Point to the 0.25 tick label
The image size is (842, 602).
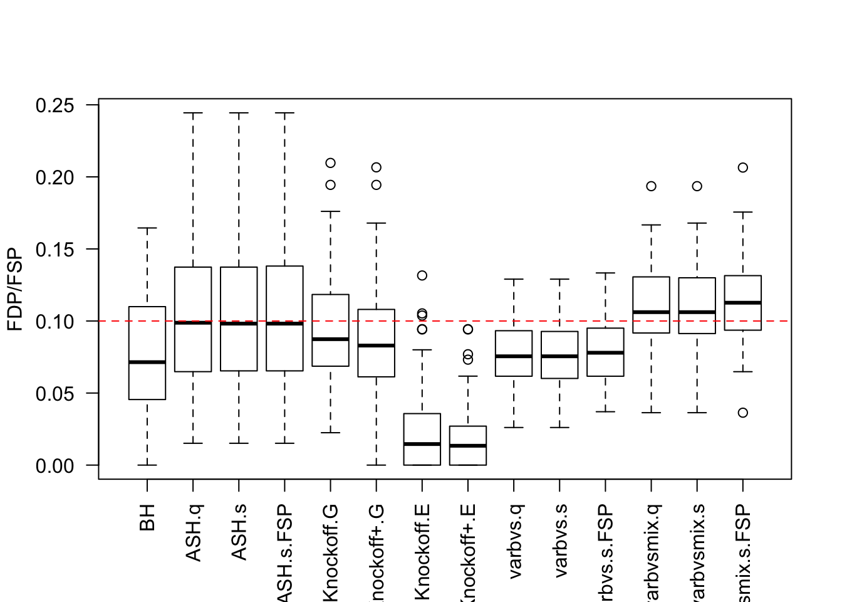click(x=55, y=105)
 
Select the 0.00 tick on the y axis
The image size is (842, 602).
click(x=55, y=466)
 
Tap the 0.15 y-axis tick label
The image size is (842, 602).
click(x=55, y=250)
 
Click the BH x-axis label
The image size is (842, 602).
click(x=147, y=517)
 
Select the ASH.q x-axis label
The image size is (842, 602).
click(x=193, y=532)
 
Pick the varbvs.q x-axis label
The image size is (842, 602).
click(x=514, y=541)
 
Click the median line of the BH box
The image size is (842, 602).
click(x=147, y=362)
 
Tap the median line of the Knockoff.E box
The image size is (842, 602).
click(x=422, y=444)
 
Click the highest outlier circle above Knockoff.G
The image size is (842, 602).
click(x=331, y=163)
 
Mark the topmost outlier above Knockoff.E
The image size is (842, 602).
click(x=422, y=275)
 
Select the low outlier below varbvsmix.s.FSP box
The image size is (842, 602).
click(x=743, y=413)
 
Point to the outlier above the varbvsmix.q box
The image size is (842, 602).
click(x=652, y=186)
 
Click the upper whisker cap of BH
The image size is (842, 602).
click(x=147, y=228)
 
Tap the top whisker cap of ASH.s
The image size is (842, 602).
click(x=239, y=114)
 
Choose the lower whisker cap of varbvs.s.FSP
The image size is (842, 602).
click(x=606, y=412)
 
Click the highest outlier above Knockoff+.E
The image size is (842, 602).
click(x=468, y=329)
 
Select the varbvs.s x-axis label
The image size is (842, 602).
click(x=560, y=541)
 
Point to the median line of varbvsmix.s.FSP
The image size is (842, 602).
click(x=743, y=303)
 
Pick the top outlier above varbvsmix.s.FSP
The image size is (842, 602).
click(x=743, y=167)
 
